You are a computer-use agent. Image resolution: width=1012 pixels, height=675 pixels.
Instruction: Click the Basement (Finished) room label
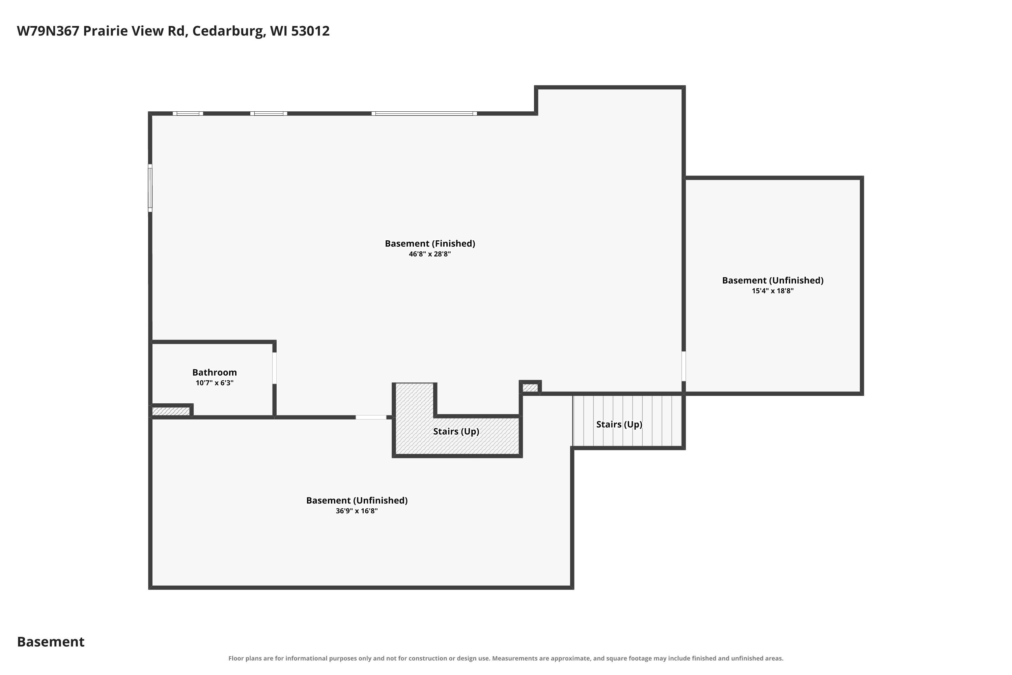tap(430, 244)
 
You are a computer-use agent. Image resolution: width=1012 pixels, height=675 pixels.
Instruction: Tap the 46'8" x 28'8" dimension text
tap(430, 254)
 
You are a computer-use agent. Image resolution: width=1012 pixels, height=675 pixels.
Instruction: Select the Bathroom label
tap(214, 372)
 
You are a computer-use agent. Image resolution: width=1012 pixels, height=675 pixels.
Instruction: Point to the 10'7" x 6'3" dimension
tap(214, 383)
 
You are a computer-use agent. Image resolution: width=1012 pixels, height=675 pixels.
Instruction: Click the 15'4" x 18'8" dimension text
tap(773, 291)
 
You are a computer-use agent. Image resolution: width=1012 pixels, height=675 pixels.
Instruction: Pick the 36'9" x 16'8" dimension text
tap(357, 511)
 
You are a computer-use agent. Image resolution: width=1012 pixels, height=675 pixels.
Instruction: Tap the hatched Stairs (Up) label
tap(456, 431)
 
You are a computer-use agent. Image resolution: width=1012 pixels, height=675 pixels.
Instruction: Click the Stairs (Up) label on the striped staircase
tap(619, 425)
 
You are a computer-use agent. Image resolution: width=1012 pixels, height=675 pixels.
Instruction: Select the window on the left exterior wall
tap(150, 188)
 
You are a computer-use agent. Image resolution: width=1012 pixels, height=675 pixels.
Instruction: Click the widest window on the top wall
tap(424, 114)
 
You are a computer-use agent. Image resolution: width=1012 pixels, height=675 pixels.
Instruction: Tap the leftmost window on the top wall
tap(188, 114)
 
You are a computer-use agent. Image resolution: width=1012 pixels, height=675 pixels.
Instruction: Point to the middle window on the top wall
tap(269, 114)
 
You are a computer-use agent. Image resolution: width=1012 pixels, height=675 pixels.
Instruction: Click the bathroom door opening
tap(275, 368)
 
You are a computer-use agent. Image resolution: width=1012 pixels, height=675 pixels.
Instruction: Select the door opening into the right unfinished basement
tap(684, 366)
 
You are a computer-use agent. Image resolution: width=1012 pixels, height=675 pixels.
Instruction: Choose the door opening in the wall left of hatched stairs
tap(371, 417)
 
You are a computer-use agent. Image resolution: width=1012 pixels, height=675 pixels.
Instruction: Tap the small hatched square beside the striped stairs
tap(530, 388)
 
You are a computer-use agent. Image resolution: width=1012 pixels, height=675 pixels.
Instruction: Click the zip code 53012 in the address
tap(310, 31)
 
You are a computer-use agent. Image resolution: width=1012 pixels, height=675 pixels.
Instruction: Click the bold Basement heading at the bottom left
tap(51, 642)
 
